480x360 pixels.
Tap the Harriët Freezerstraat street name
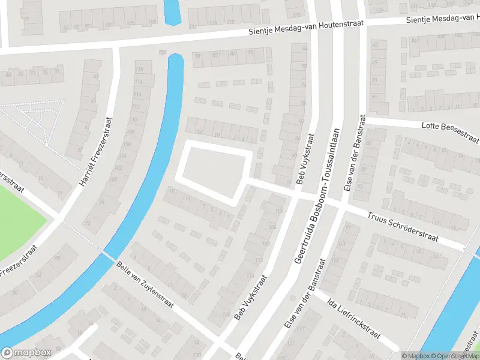(x=95, y=151)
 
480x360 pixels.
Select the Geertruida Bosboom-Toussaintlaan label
(x=317, y=196)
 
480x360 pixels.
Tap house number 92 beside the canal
(x=89, y=223)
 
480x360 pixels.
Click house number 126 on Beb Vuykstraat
(x=226, y=314)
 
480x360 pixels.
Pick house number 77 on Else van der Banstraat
(x=374, y=98)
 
